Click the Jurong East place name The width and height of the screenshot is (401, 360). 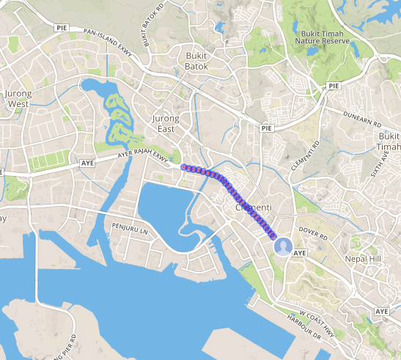coord(164,123)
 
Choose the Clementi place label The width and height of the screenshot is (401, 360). coord(254,207)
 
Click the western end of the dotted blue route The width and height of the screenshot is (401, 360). coord(183,166)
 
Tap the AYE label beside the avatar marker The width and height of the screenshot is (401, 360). coord(299,252)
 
